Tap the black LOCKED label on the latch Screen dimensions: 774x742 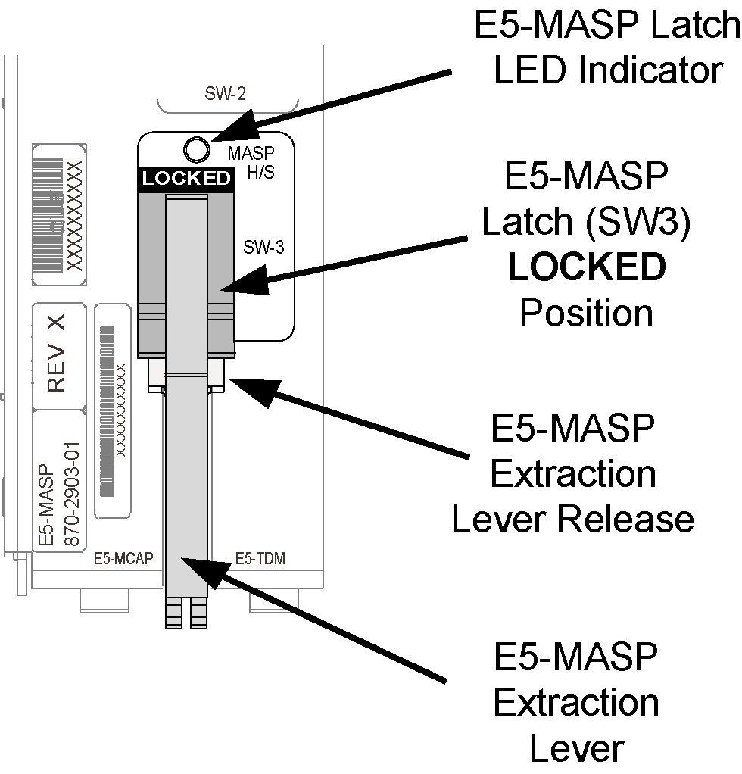point(186,179)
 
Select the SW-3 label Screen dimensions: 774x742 point(263,247)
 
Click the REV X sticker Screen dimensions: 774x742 point(56,354)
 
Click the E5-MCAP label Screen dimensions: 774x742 point(123,559)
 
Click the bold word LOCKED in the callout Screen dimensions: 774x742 point(587,267)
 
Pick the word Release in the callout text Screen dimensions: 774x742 point(633,519)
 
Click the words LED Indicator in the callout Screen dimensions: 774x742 point(607,70)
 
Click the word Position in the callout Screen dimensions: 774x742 point(586,313)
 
